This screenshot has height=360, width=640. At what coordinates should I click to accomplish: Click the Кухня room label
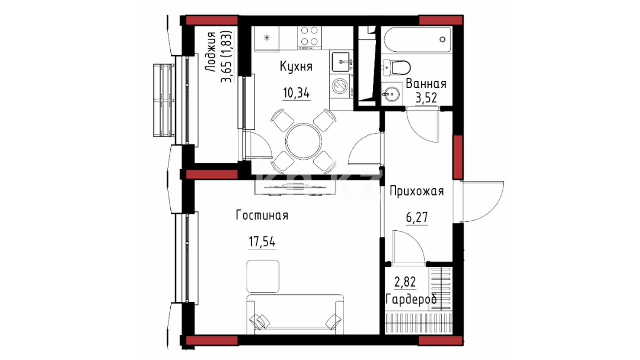click(x=296, y=67)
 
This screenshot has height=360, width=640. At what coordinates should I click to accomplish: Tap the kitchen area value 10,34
click(x=296, y=93)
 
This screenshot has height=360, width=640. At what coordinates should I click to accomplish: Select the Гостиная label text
click(x=262, y=215)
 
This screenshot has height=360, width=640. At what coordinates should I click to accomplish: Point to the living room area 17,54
click(x=262, y=241)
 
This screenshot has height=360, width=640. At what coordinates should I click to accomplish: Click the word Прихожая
click(x=417, y=191)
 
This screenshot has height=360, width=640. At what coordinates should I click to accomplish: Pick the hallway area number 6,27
click(x=417, y=217)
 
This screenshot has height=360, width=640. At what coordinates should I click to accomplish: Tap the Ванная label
click(x=426, y=84)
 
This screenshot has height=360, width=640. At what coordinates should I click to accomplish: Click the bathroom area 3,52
click(x=426, y=98)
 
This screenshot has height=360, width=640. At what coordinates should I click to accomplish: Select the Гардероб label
click(x=411, y=299)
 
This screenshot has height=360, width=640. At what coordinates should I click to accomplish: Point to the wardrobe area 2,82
click(x=405, y=282)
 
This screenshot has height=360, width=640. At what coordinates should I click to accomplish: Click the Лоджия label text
click(x=210, y=52)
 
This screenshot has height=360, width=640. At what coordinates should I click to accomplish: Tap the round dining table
click(x=304, y=141)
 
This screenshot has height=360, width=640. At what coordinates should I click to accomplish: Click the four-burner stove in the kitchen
click(x=309, y=38)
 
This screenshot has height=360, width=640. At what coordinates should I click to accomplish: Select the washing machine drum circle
click(x=340, y=85)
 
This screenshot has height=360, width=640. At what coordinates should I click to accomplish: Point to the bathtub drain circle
click(x=442, y=39)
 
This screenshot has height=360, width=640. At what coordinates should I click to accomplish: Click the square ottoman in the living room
click(x=263, y=276)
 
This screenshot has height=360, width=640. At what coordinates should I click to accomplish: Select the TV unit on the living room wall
click(x=295, y=188)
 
